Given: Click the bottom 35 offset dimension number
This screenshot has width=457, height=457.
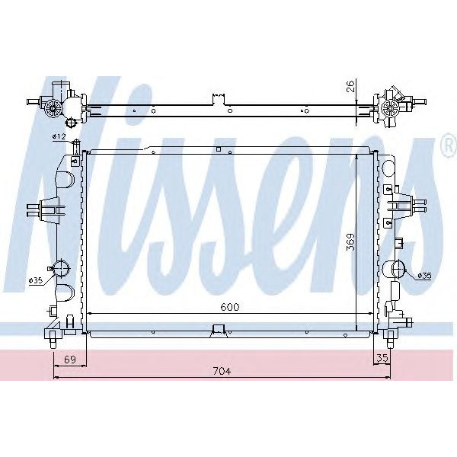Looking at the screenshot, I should coord(381,357).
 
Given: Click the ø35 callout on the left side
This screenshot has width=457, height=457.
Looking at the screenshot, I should coord(35,280).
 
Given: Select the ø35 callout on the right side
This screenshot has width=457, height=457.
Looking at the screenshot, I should coord(424,275).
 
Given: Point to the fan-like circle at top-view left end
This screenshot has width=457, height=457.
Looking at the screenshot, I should coord(53,107).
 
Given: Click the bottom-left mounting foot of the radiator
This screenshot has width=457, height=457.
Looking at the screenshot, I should coord(53,332).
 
